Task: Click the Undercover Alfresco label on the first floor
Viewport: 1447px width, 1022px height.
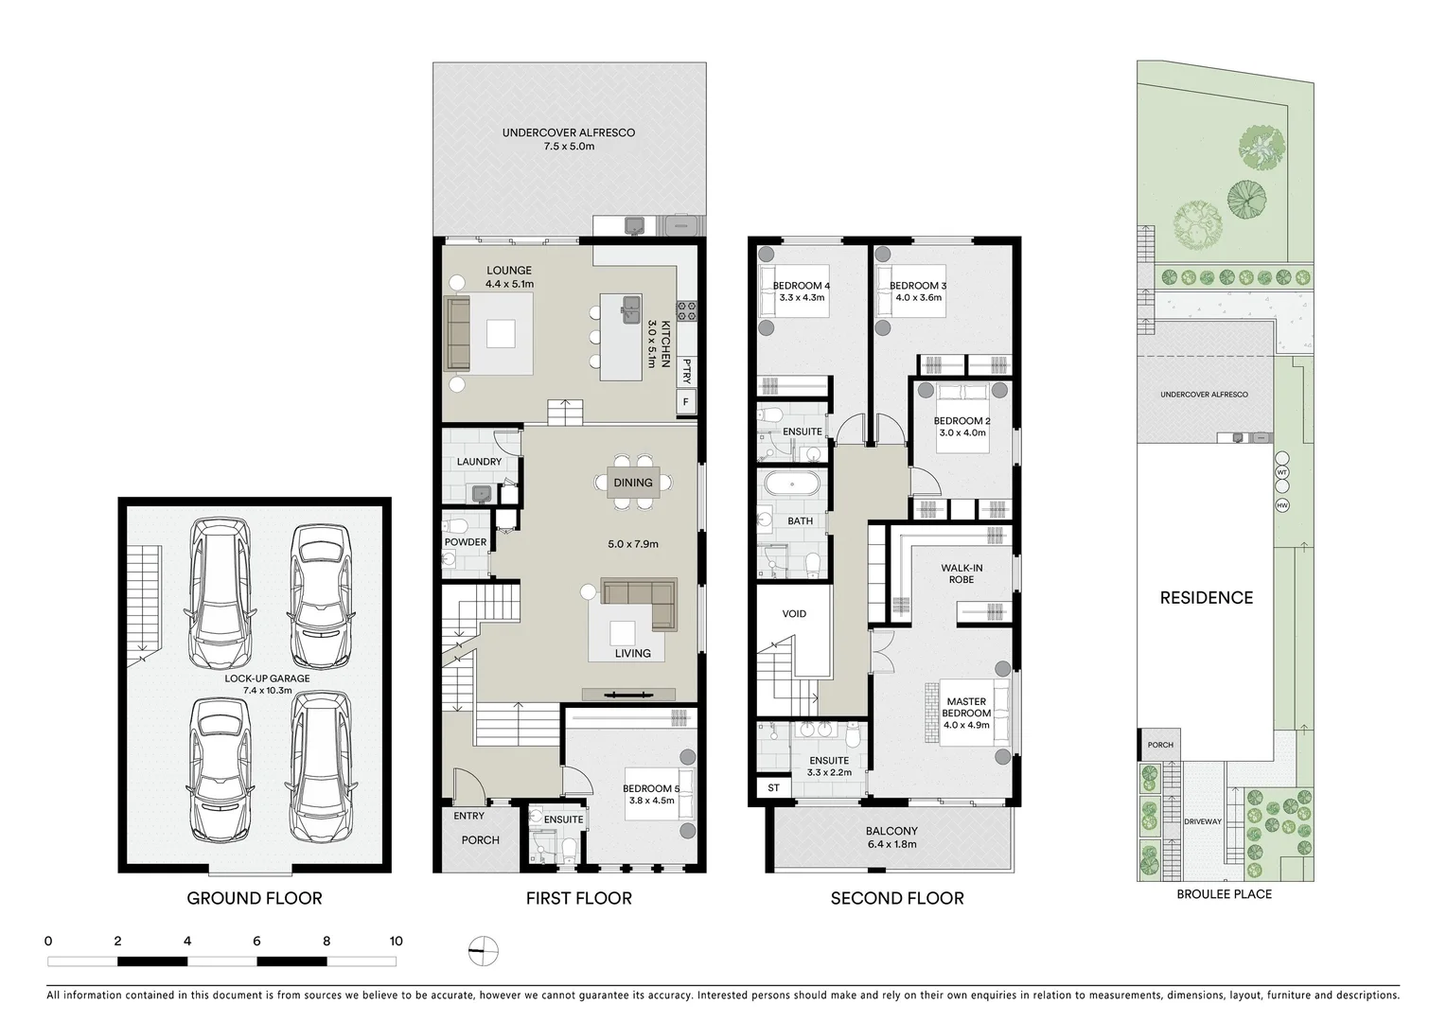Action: click(x=568, y=132)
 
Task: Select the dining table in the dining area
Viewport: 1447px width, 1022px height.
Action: click(x=633, y=483)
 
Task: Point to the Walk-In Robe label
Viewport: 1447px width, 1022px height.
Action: click(x=961, y=573)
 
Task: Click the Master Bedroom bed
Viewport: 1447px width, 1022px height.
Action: click(x=967, y=713)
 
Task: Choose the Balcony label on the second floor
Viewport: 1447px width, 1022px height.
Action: click(x=891, y=832)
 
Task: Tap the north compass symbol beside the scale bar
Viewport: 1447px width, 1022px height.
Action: click(x=483, y=951)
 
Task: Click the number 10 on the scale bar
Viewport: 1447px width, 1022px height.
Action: click(x=396, y=941)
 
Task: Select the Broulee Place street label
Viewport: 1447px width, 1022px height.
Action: click(x=1224, y=894)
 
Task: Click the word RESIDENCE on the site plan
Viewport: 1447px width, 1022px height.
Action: click(x=1207, y=598)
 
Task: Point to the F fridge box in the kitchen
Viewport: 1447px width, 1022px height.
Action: click(x=685, y=402)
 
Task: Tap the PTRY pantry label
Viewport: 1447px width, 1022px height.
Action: click(x=686, y=370)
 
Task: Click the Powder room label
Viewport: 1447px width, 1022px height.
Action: click(x=466, y=542)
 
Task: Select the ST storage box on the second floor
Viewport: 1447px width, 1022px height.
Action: click(x=773, y=788)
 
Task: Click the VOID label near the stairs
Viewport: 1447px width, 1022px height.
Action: click(x=794, y=614)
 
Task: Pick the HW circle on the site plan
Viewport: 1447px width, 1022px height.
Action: click(x=1282, y=506)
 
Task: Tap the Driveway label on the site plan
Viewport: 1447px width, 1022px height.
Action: click(x=1202, y=822)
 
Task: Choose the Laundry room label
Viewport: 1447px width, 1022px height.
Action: click(x=479, y=462)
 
